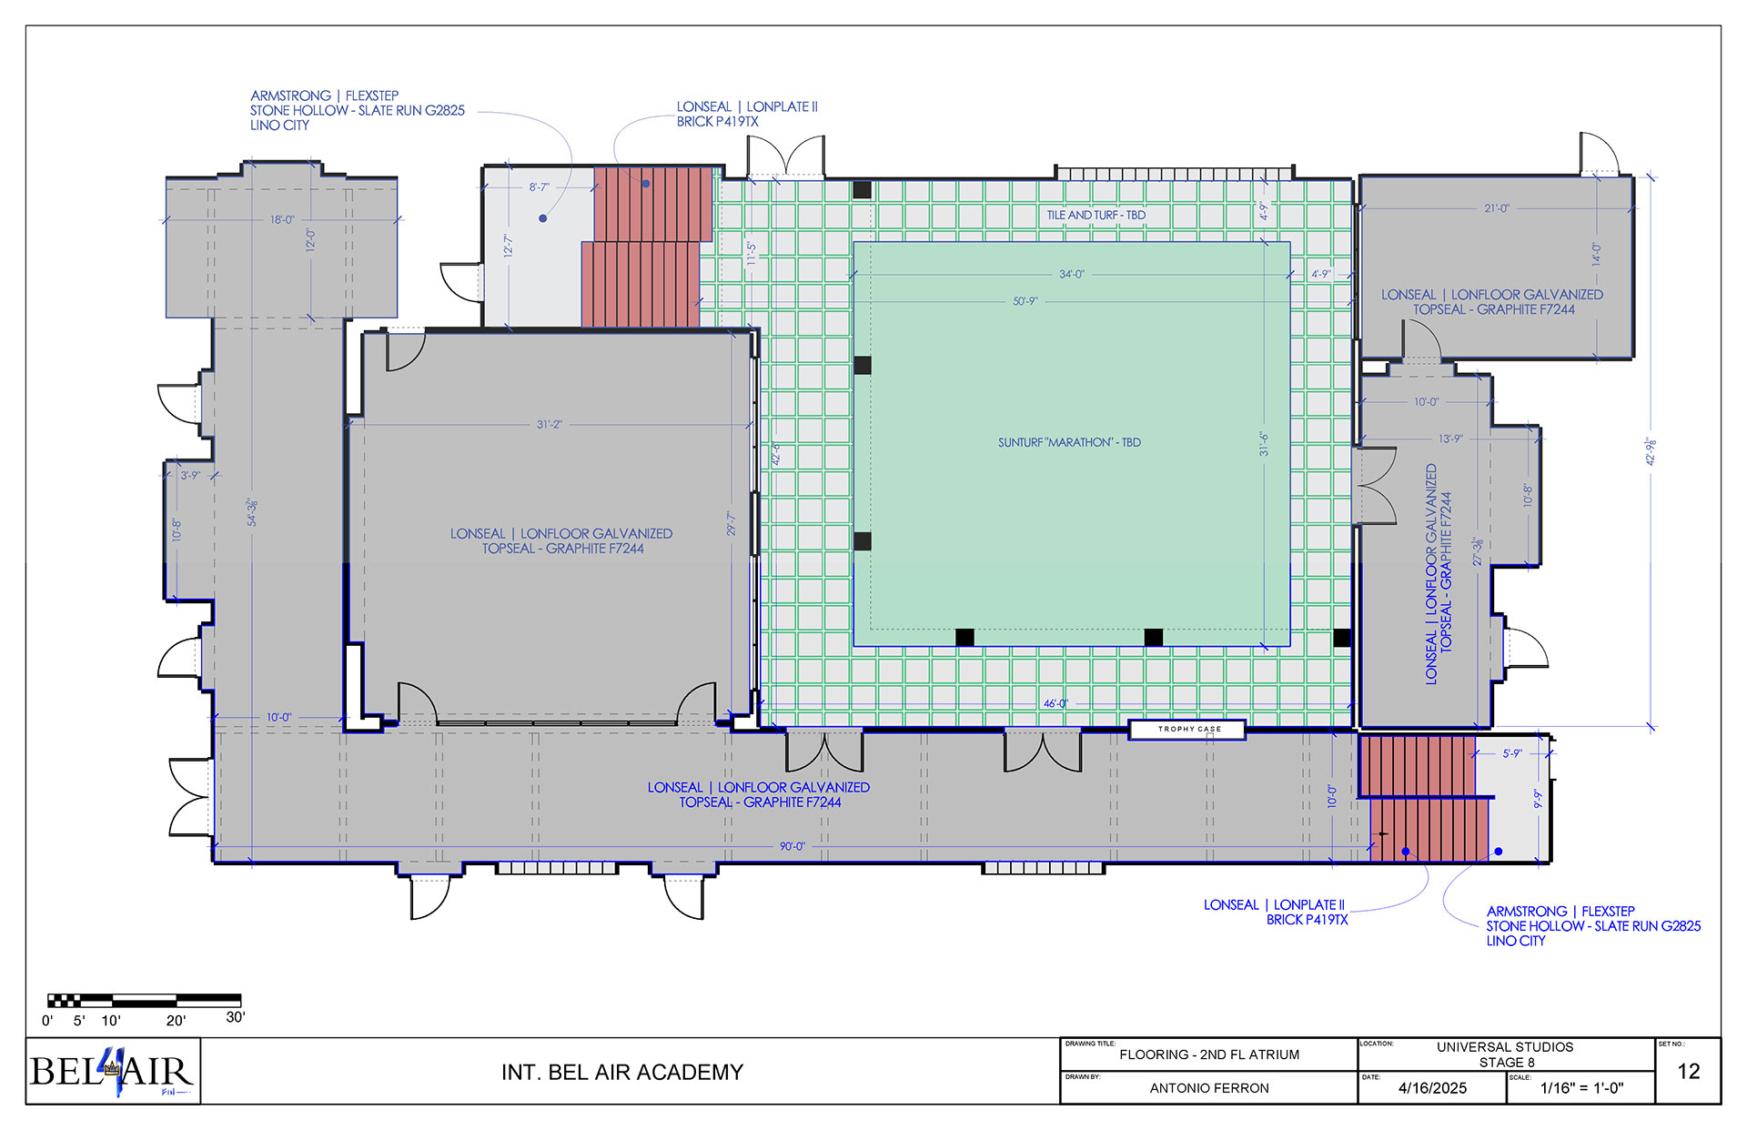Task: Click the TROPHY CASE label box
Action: [1187, 729]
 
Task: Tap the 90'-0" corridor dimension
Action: [792, 846]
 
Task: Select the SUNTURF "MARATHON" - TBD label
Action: [1069, 442]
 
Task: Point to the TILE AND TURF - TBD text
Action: [1096, 215]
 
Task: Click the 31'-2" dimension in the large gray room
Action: [549, 424]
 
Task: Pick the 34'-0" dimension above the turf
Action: [1071, 274]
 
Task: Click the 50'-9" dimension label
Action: [1025, 301]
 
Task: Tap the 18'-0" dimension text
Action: [282, 219]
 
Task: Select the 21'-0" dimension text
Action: [1496, 208]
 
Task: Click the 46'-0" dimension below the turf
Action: [1055, 703]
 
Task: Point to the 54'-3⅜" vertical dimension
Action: [253, 511]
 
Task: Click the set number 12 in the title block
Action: [1688, 1072]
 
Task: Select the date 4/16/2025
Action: [1432, 1088]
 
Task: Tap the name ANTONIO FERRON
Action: [1208, 1088]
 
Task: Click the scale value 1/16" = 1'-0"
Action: [1581, 1088]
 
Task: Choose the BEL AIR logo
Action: [113, 1072]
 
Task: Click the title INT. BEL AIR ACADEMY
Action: [622, 1073]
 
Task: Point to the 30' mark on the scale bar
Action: [235, 1017]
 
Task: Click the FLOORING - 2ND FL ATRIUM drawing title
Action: [1209, 1054]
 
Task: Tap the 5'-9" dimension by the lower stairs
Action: [1512, 753]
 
